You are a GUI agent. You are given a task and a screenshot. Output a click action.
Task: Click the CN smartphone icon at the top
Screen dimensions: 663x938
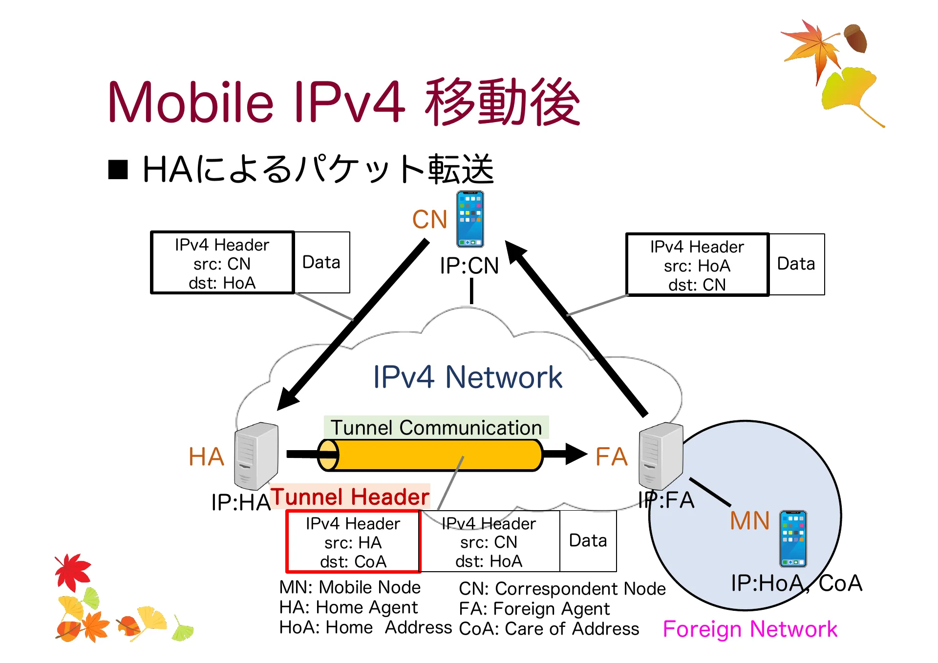[x=470, y=219]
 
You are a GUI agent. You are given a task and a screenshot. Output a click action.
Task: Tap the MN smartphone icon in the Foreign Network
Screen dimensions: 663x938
[x=792, y=539]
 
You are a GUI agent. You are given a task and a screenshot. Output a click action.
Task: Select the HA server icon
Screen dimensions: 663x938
[x=256, y=456]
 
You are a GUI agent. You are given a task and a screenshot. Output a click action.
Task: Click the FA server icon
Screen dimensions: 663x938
[x=661, y=456]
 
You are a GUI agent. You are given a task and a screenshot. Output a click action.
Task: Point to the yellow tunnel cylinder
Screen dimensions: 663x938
[x=430, y=455]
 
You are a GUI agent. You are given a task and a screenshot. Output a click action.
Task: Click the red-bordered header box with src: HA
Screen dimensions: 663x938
[x=353, y=542]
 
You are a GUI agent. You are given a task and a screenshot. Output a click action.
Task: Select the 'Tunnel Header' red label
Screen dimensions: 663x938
[x=350, y=497]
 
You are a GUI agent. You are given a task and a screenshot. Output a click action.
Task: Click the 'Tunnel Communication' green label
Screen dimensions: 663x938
[x=436, y=428]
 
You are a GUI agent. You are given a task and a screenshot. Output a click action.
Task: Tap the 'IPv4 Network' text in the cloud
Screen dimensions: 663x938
[x=467, y=377]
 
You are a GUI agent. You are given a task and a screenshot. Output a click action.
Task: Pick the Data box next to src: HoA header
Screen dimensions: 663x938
[x=796, y=264]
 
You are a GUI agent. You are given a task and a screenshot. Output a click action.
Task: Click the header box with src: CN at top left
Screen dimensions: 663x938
[x=222, y=263]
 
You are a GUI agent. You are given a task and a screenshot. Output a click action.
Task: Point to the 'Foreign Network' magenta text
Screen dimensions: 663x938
[x=749, y=629]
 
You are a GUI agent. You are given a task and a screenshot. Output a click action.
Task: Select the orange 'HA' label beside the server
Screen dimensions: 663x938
[x=206, y=457]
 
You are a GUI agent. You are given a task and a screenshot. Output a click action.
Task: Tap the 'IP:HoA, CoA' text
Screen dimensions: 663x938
[x=796, y=583]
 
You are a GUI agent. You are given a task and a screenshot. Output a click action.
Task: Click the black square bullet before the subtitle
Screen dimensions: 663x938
[x=118, y=170]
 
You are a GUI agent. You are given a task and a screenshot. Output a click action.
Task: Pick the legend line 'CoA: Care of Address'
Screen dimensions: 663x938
[x=549, y=629]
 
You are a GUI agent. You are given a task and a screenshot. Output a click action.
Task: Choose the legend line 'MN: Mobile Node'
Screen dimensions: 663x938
[x=350, y=587]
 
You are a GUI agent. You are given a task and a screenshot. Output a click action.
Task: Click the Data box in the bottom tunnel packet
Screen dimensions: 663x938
[x=588, y=541]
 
